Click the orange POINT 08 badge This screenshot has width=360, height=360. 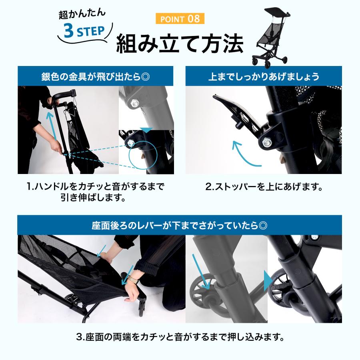(x=180, y=18)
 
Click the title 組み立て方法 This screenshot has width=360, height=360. (x=180, y=44)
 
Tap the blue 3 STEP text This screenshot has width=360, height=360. (x=84, y=31)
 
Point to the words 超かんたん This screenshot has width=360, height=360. (x=82, y=14)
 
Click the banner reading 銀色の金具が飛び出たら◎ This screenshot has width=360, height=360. (x=96, y=76)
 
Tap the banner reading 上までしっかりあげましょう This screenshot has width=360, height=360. (x=264, y=76)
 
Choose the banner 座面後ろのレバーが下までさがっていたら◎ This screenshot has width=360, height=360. (x=180, y=225)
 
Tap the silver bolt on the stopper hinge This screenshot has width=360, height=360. (x=267, y=142)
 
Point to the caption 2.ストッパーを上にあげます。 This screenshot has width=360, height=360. (x=264, y=187)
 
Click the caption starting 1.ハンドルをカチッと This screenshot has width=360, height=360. (x=95, y=192)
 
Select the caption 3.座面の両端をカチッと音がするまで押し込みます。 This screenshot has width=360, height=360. (x=180, y=337)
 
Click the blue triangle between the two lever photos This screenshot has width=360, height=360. (x=268, y=281)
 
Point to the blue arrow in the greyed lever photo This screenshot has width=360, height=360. (x=201, y=272)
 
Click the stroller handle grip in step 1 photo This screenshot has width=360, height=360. (x=64, y=94)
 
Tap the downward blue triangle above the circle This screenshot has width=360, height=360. (x=147, y=130)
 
